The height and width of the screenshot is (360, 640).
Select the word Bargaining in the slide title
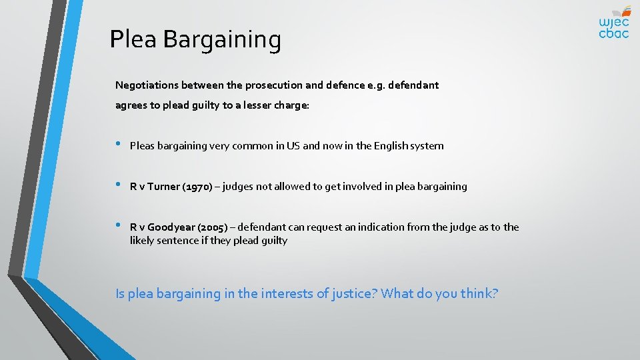point(222,41)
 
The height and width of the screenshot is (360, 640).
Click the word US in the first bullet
point(293,146)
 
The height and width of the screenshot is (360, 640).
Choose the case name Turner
point(164,187)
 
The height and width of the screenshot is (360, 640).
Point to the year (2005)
point(213,227)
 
